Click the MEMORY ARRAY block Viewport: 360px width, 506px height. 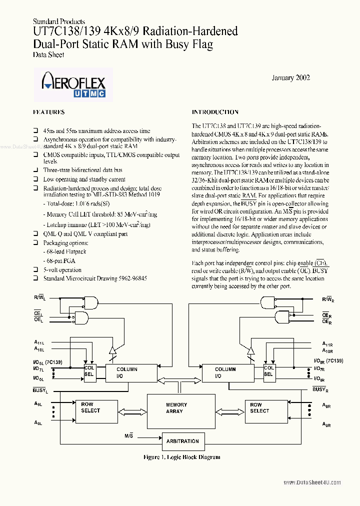tap(176, 408)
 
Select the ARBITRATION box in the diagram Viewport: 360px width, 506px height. tap(182, 441)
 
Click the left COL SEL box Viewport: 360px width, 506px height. tap(89, 370)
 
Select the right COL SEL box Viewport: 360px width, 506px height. tap(268, 370)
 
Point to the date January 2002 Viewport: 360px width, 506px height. tap(290, 77)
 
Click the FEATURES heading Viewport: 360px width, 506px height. tap(48, 112)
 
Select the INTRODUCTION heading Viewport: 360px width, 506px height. tap(215, 112)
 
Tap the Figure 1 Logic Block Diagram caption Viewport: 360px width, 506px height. tap(181, 457)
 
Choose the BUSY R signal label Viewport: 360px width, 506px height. tap(320, 389)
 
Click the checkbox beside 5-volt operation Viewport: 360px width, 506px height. tap(35, 269)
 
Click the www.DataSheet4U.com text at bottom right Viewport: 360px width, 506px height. tap(313, 482)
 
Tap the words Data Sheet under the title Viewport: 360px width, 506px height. tap(48, 55)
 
